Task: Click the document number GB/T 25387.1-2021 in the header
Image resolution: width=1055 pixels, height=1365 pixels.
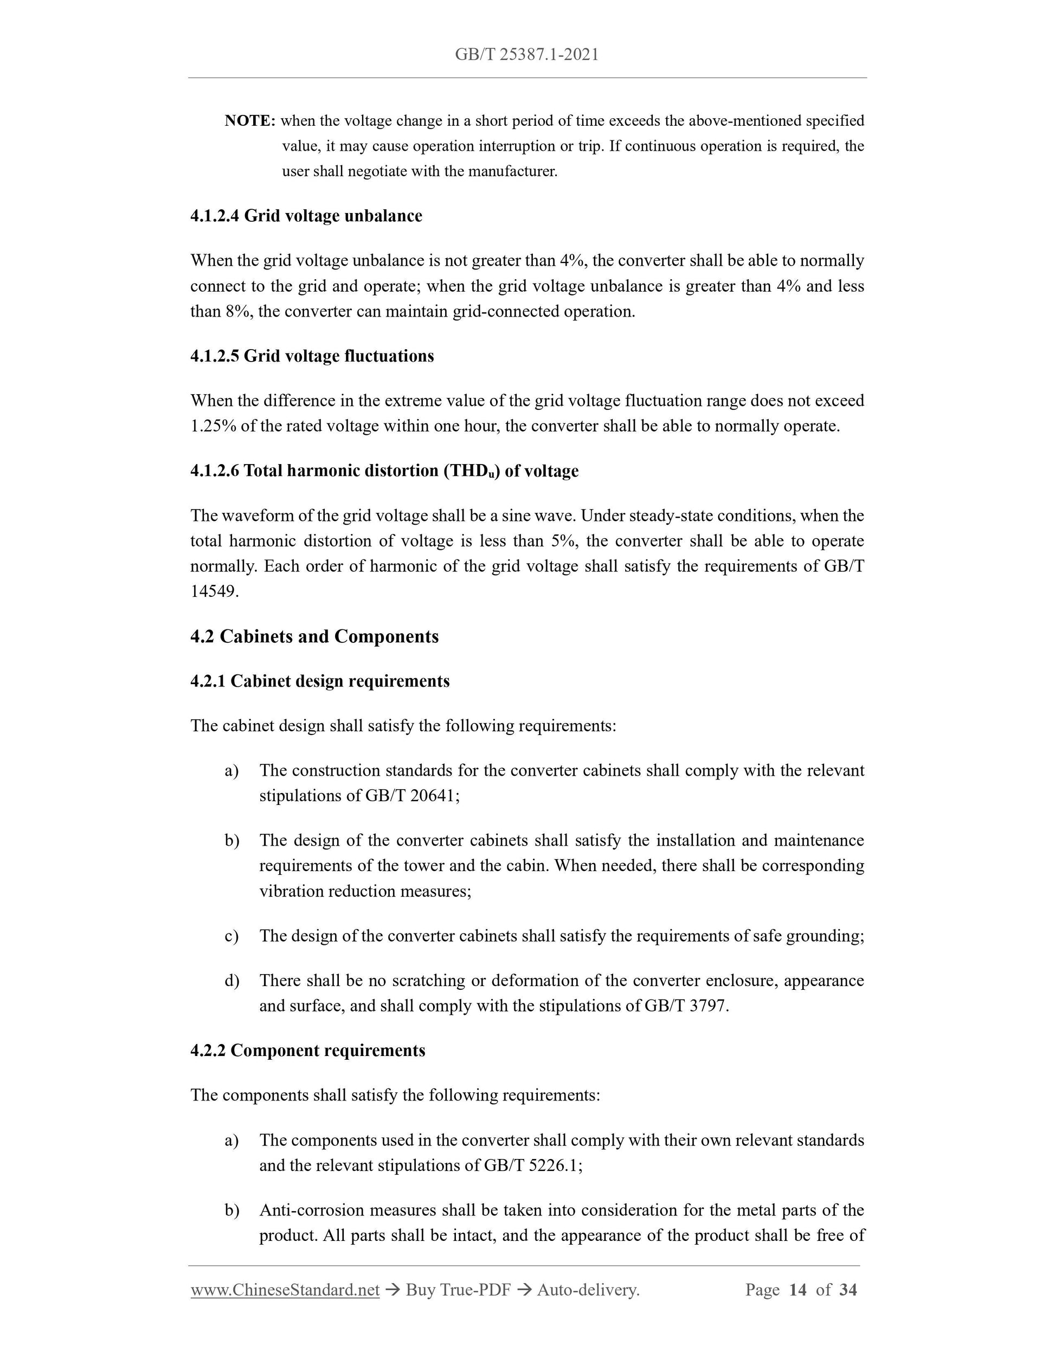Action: [x=526, y=55]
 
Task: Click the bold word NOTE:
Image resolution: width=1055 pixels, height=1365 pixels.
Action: [x=249, y=121]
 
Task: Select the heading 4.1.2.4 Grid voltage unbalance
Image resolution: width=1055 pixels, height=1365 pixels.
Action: [x=306, y=216]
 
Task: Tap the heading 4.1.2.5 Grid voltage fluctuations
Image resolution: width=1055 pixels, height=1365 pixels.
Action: [x=312, y=356]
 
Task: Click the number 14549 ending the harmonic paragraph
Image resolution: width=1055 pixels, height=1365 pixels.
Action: [x=214, y=591]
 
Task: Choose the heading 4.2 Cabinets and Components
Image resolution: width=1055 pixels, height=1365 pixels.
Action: [x=314, y=636]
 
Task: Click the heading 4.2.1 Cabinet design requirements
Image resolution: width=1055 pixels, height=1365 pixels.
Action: [x=319, y=681]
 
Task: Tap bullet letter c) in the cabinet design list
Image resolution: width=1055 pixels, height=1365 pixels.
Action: [x=231, y=936]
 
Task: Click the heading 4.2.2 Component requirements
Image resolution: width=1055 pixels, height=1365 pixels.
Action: [x=307, y=1050]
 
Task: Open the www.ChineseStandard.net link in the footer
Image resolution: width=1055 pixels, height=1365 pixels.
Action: [x=285, y=1289]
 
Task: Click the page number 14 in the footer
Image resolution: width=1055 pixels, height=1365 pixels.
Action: [x=797, y=1289]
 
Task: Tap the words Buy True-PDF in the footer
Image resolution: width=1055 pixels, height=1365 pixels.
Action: [x=458, y=1289]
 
